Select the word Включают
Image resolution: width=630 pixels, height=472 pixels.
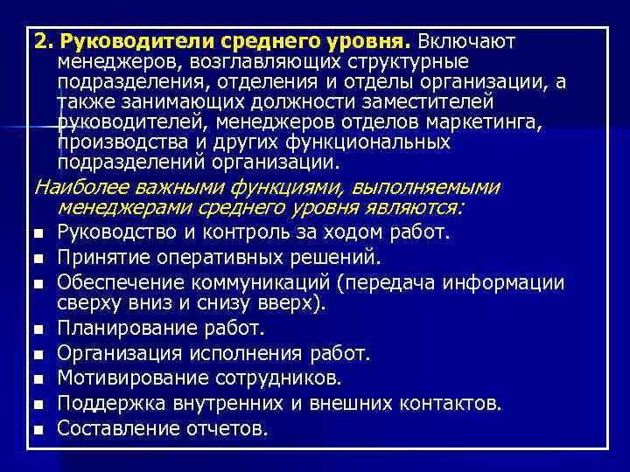pyautogui.click(x=467, y=42)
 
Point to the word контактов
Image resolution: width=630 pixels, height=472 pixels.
pyautogui.click(x=451, y=403)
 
